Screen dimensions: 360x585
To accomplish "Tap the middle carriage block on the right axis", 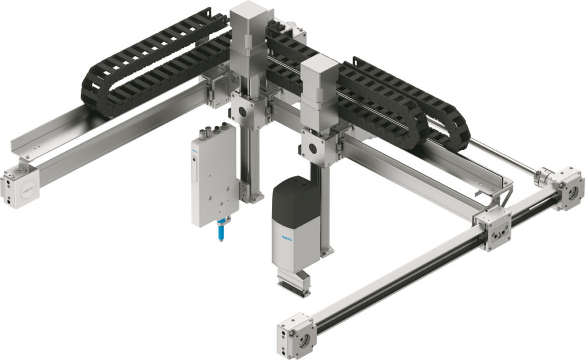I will pyautogui.click(x=492, y=231).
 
